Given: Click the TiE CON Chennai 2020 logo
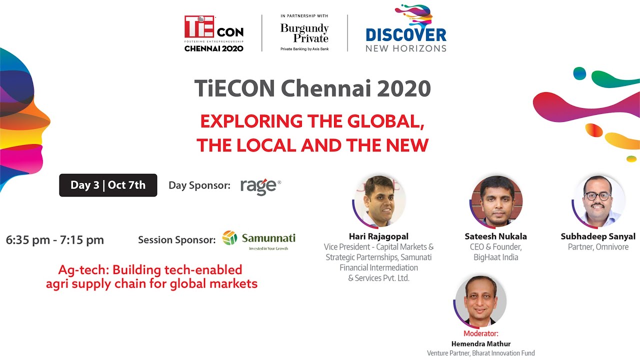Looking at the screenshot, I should click(213, 33).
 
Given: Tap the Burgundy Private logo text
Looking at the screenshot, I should click(304, 33).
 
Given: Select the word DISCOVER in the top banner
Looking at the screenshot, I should click(406, 35).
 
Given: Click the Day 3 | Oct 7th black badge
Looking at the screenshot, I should click(108, 185).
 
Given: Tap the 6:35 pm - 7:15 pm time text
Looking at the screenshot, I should click(55, 240).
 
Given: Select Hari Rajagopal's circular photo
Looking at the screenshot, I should click(378, 201).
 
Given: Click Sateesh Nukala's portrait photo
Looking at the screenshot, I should click(496, 201).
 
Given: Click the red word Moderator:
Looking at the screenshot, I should click(481, 333).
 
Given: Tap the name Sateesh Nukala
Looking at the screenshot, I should click(496, 236).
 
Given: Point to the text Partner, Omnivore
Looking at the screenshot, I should click(598, 247).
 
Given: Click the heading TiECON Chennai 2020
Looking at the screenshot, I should click(312, 89).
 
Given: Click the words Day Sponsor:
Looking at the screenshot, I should click(199, 185).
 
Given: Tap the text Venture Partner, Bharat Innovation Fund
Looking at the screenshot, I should click(481, 353).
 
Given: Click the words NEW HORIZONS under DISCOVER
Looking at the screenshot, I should click(406, 48).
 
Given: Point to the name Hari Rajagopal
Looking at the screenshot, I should click(378, 236).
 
